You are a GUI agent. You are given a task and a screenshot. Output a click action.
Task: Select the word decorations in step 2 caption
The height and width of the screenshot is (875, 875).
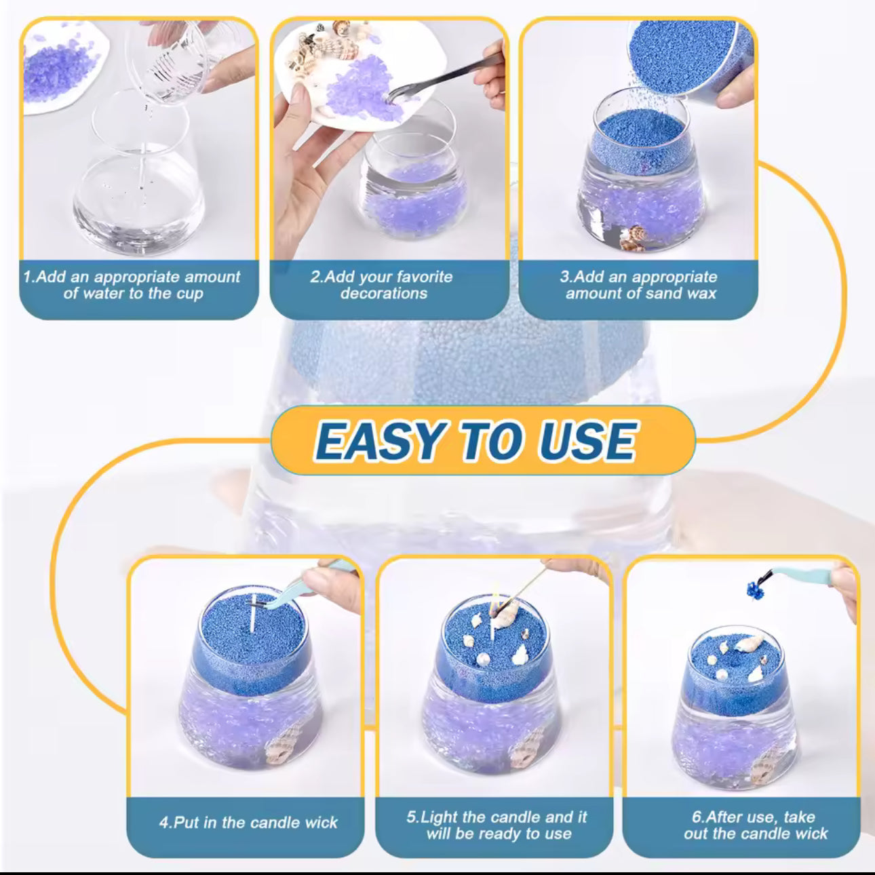[x=384, y=294]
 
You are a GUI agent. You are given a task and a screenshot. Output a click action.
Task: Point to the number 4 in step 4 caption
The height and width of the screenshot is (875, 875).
[x=163, y=823]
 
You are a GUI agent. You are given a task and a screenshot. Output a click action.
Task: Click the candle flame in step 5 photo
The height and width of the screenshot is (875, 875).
[x=496, y=597]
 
